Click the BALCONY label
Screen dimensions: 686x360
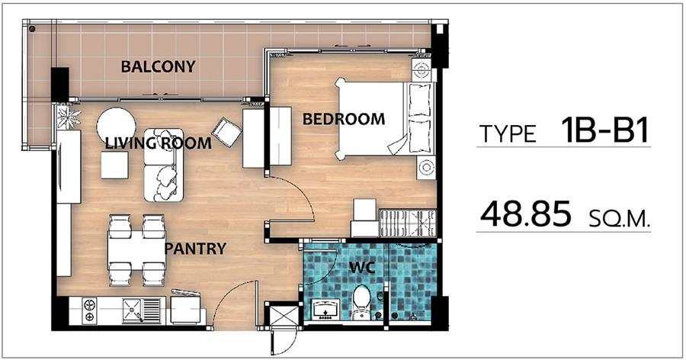coord(158,66)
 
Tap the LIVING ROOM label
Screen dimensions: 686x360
coord(159,143)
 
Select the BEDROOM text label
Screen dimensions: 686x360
coord(344,119)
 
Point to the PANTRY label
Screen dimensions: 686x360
coord(195,249)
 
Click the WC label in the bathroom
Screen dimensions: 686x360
coord(362,268)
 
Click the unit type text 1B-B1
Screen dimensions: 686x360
coord(605,130)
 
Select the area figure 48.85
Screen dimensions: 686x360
coord(525,214)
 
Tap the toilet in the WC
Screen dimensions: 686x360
coord(362,302)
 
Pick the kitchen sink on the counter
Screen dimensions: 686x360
coord(142,310)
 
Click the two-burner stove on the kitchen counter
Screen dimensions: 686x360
coord(89,310)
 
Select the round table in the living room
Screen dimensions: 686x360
coord(116,126)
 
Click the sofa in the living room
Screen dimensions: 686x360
coord(164,165)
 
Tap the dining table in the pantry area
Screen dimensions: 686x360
coord(136,250)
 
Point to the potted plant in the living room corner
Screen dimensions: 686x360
coord(69,117)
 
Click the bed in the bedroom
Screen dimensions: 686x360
coord(386,119)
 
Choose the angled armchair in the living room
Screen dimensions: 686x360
coord(226,132)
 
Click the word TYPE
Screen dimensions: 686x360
coord(508,134)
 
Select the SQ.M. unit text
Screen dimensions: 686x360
coord(619,220)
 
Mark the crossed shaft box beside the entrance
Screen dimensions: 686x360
coord(284,315)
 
